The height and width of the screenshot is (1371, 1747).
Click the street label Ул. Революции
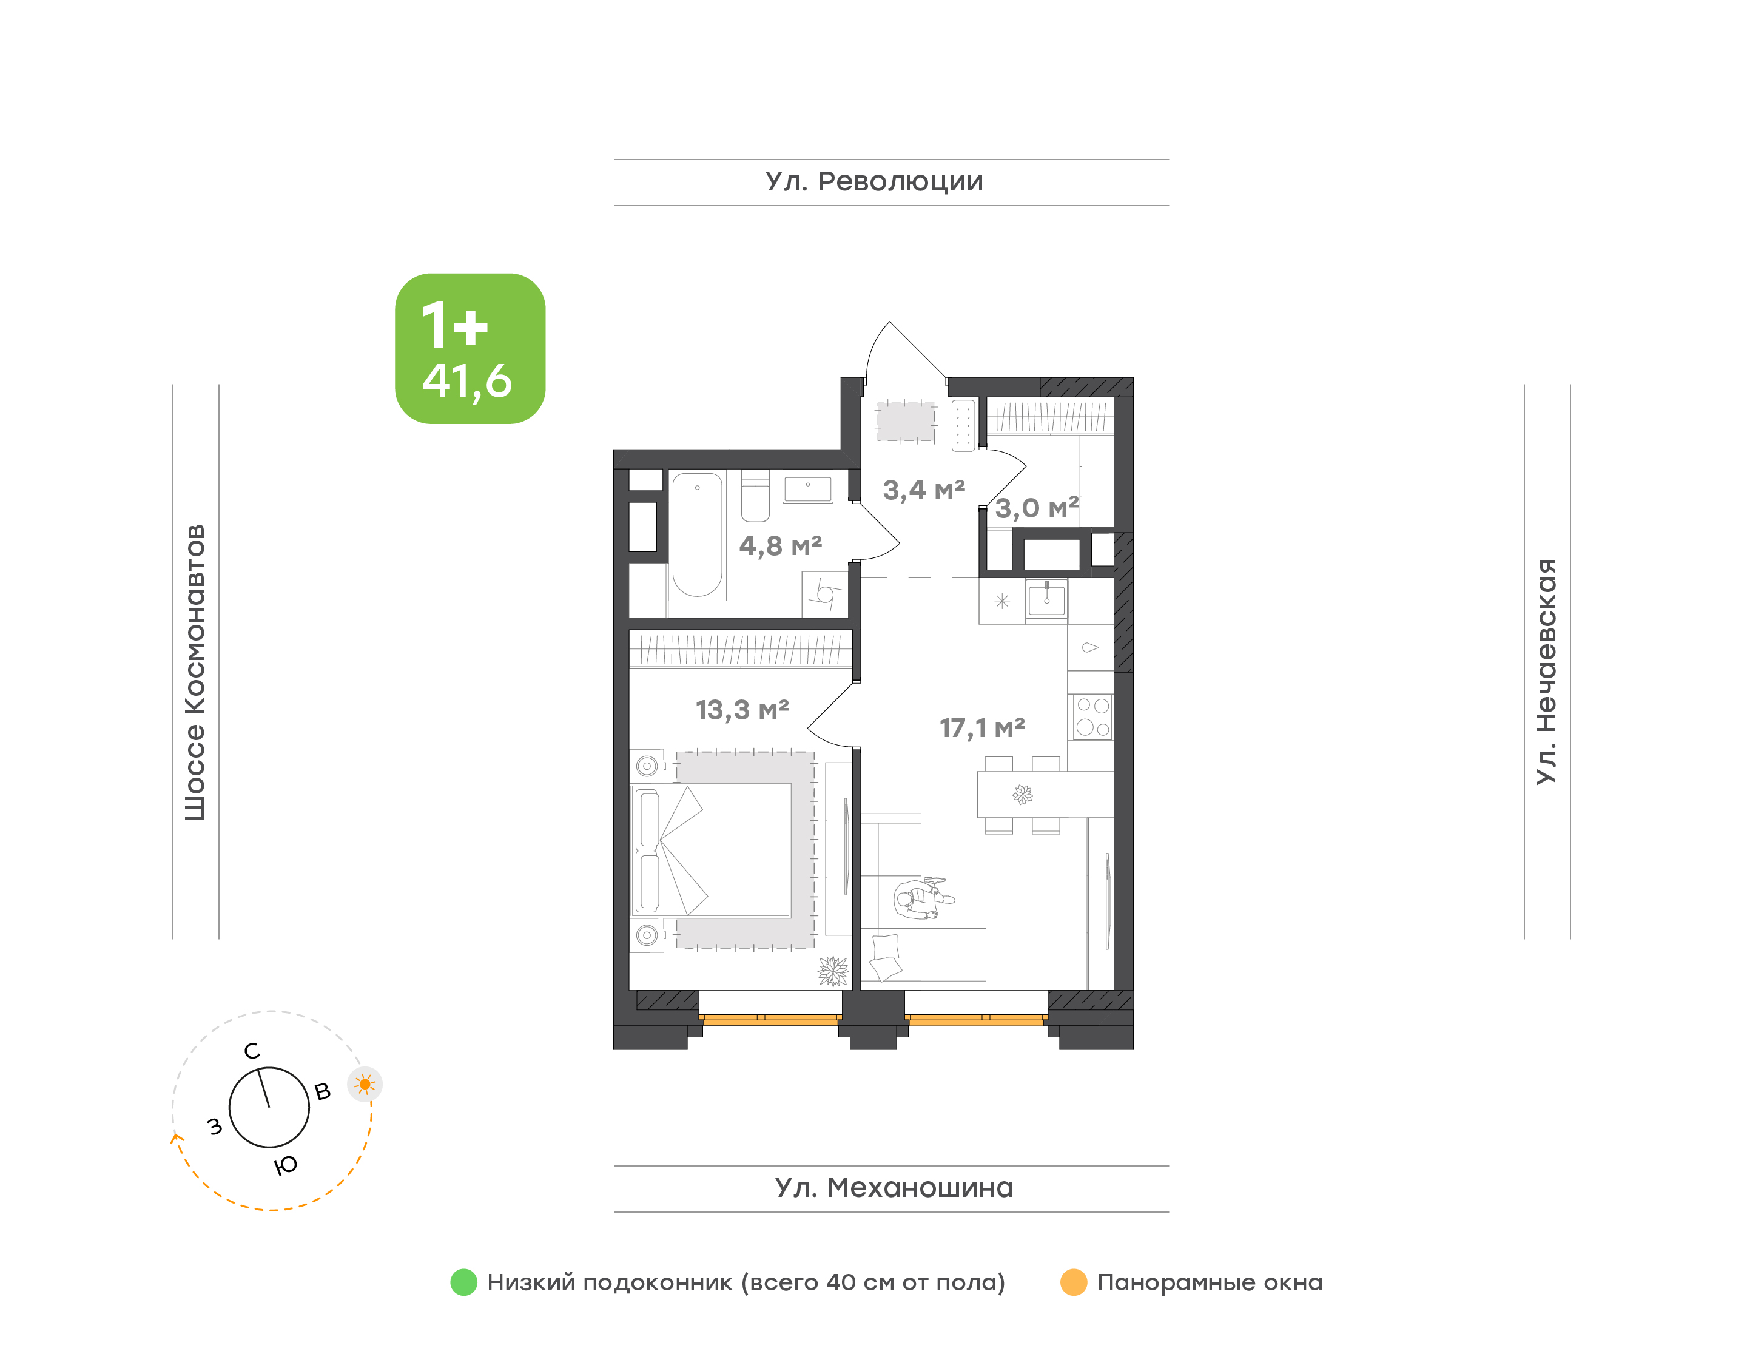click(x=874, y=182)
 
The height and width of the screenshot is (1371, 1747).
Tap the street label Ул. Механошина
click(x=894, y=1188)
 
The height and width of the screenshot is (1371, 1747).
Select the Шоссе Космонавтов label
click(x=195, y=673)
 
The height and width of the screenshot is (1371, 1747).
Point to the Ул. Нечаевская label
click(x=1546, y=671)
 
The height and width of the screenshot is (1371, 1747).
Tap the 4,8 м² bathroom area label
click(x=780, y=546)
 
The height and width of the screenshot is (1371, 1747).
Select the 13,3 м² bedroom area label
click(x=742, y=710)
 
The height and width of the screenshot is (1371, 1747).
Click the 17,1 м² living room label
click(x=982, y=728)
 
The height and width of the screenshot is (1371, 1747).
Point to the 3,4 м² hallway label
click(x=924, y=490)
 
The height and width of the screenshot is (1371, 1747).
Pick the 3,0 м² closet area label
click(x=1037, y=508)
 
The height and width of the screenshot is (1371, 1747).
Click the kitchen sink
click(x=1046, y=599)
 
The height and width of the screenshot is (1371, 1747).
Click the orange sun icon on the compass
click(x=365, y=1085)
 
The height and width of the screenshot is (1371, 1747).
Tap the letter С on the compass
click(x=252, y=1051)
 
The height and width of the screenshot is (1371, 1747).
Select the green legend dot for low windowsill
click(x=464, y=1282)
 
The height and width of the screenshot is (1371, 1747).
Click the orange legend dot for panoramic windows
click(x=1074, y=1282)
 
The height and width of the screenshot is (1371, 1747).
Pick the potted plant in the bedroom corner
click(x=833, y=971)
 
